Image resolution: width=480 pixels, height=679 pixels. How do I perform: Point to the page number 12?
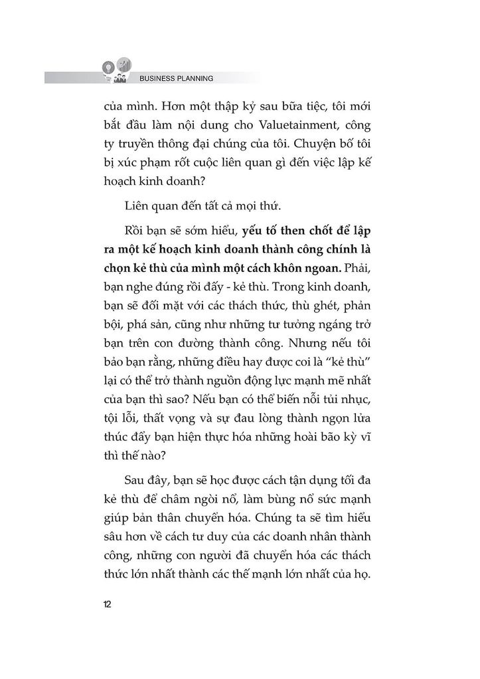tap(108, 604)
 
